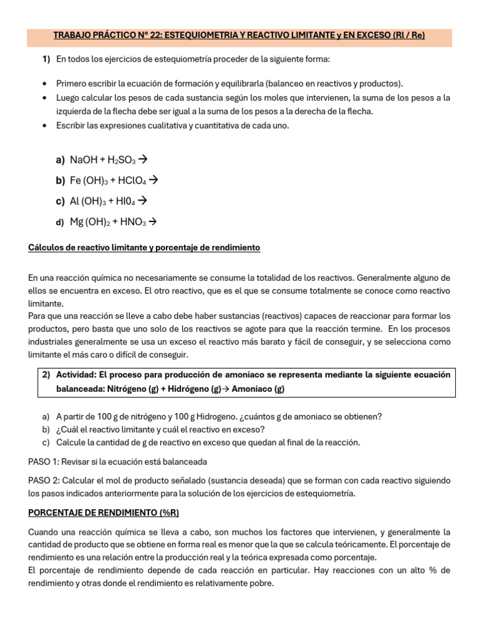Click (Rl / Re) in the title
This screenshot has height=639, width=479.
click(409, 36)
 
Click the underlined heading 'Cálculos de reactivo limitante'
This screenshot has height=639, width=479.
click(144, 248)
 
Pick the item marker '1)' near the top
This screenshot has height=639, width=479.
click(46, 59)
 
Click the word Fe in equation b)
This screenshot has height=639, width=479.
click(76, 181)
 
